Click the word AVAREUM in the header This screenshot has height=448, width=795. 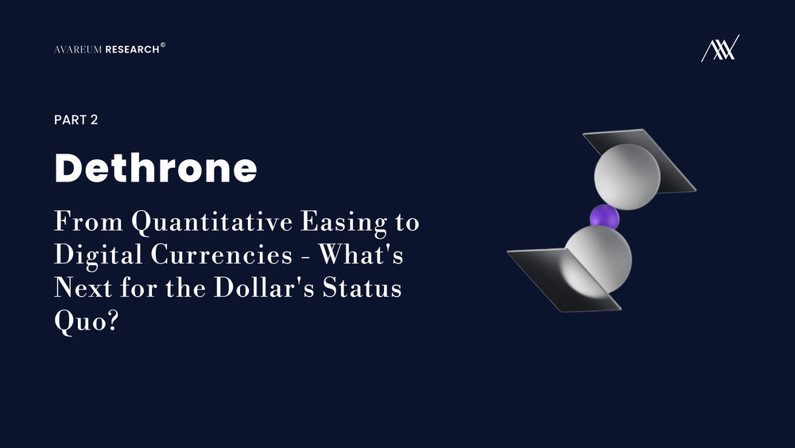tap(78, 49)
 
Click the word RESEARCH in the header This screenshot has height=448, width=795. tap(132, 49)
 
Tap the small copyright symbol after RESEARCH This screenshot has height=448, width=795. tap(163, 45)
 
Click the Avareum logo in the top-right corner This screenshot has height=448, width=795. tap(719, 49)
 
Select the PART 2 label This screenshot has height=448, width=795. tap(76, 119)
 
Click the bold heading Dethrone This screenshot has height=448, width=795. tap(156, 168)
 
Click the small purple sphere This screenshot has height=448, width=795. tap(604, 216)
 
